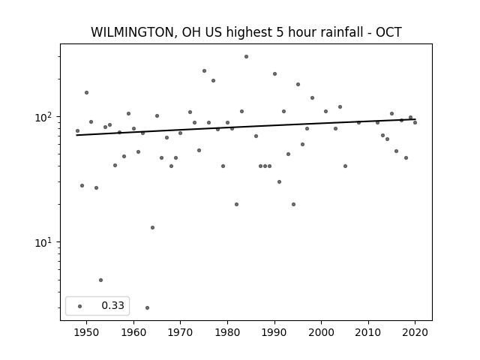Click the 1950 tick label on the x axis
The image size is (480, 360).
pos(86,332)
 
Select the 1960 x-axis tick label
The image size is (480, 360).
pos(133,332)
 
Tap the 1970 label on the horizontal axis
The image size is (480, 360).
pos(180,332)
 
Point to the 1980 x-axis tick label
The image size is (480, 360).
pos(227,332)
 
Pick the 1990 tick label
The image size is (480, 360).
pos(274,332)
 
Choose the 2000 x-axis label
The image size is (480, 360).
pos(321,332)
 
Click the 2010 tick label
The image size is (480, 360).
pos(368,332)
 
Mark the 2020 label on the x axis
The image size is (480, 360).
pos(415,332)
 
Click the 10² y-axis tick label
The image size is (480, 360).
pos(45,117)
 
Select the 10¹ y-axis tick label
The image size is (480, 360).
pos(45,242)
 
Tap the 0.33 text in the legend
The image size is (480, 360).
pos(112,305)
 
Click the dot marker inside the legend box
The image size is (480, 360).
pos(79,306)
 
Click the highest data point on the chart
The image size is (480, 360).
pos(246,57)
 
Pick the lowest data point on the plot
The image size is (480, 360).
pos(147,307)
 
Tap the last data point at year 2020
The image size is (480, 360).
pos(415,122)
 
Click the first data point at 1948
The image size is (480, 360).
pos(77,130)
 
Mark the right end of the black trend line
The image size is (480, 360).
pos(415,119)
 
